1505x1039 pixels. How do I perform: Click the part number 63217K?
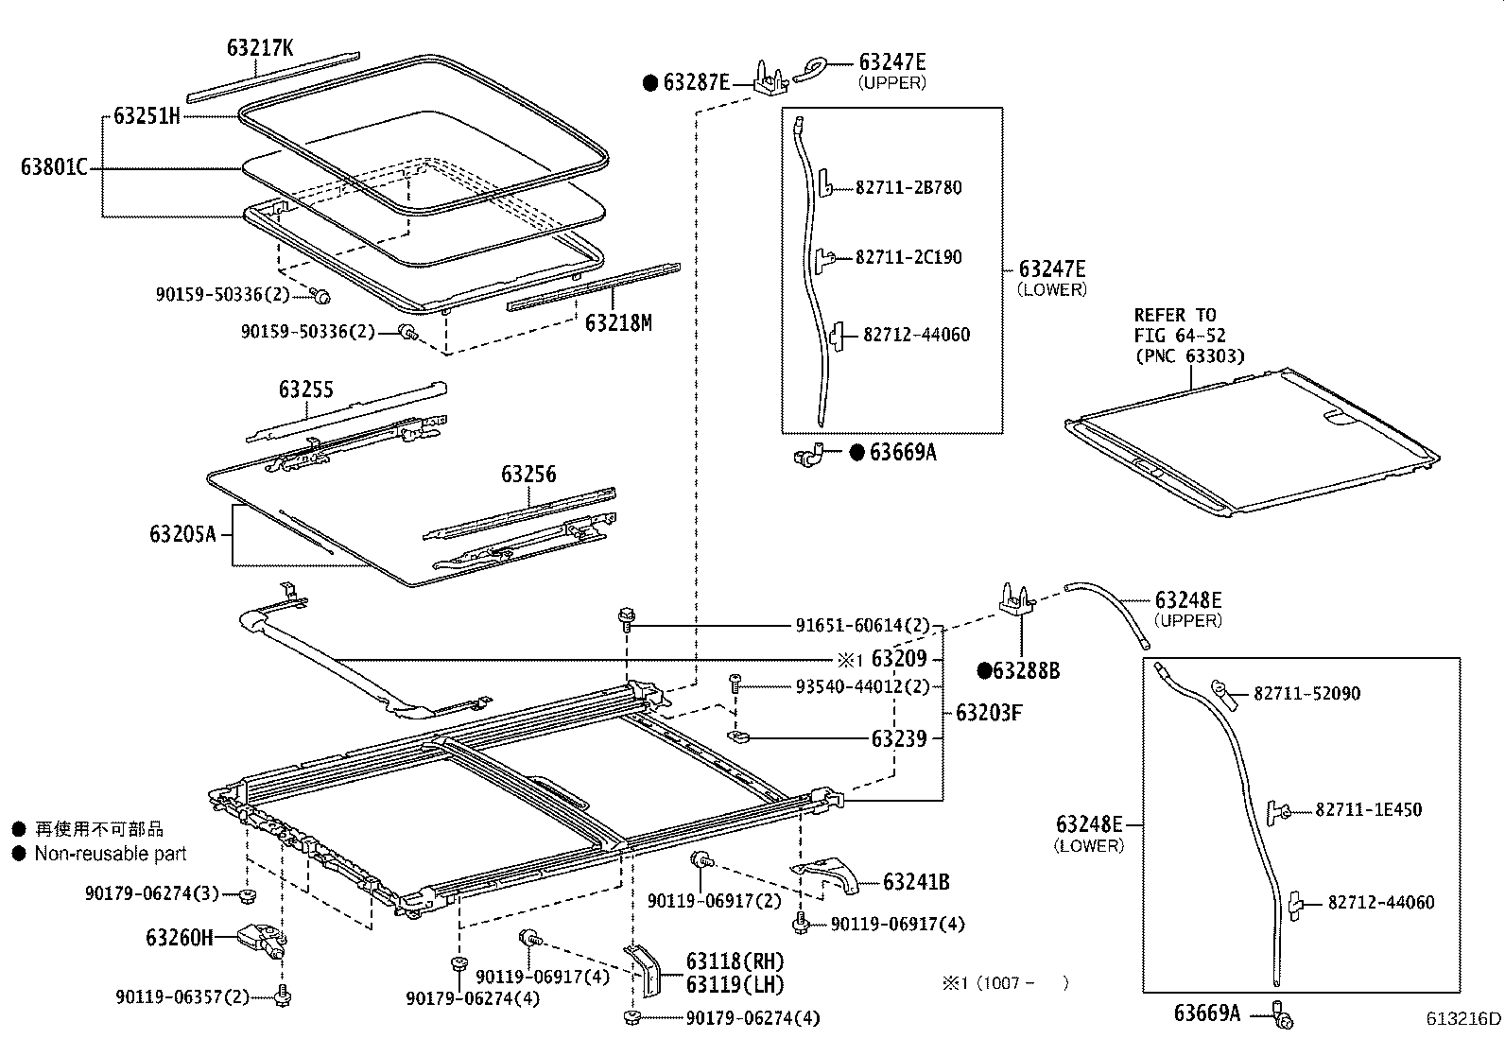[x=260, y=46]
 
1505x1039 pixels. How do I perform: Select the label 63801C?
[x=54, y=168]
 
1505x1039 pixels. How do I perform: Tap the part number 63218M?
[x=618, y=323]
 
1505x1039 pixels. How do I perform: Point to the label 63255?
[x=305, y=390]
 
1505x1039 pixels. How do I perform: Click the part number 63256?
[x=528, y=475]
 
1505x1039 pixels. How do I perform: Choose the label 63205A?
[x=182, y=534]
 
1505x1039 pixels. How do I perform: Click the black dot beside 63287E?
[x=650, y=83]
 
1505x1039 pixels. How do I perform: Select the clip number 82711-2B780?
[x=908, y=187]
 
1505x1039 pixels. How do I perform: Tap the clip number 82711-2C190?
[x=908, y=257]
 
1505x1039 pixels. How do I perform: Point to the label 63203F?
[x=988, y=712]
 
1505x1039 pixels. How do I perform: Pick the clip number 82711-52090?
[x=1306, y=694]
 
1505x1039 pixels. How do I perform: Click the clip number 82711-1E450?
[x=1368, y=810]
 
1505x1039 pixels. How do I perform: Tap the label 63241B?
[x=916, y=883]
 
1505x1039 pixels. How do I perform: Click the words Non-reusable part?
[x=111, y=854]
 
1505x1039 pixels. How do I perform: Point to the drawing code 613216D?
[x=1463, y=1019]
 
